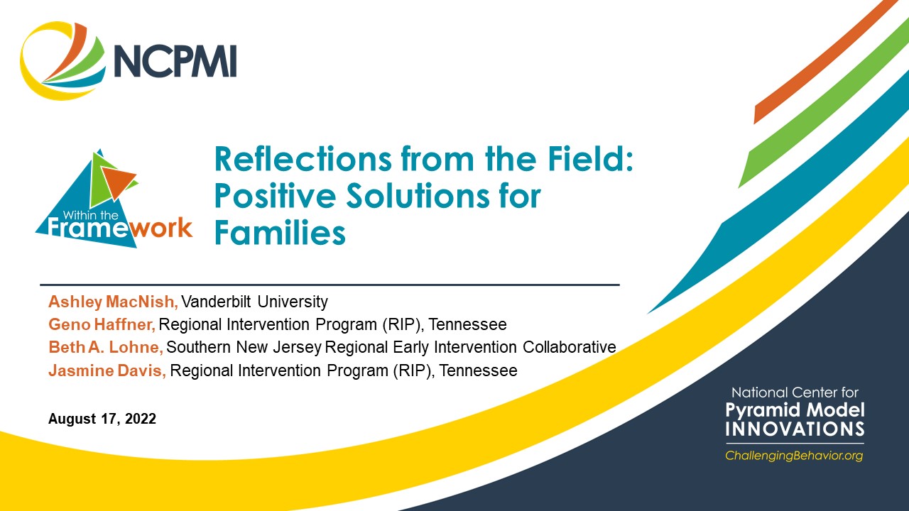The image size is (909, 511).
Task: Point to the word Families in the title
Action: (x=280, y=232)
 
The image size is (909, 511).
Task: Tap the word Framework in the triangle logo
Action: (x=120, y=228)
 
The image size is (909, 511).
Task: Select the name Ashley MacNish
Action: (x=113, y=302)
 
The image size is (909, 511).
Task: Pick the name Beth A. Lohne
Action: (x=106, y=347)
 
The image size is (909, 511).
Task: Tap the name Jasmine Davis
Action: (x=107, y=370)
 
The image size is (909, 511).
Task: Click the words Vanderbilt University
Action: (x=255, y=302)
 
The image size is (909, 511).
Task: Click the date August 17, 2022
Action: (x=102, y=419)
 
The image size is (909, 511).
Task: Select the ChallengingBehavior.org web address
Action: (x=794, y=456)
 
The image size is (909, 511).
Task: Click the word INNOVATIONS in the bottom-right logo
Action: (x=795, y=429)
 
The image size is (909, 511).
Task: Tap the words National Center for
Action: (x=795, y=392)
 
